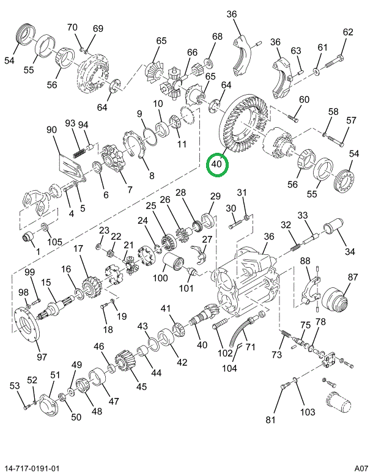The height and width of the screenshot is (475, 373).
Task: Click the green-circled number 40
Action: [x=217, y=164]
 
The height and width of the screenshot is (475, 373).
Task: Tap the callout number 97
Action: [x=42, y=356]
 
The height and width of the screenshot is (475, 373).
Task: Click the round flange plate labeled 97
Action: [x=27, y=325]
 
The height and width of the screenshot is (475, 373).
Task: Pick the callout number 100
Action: [x=160, y=278]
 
